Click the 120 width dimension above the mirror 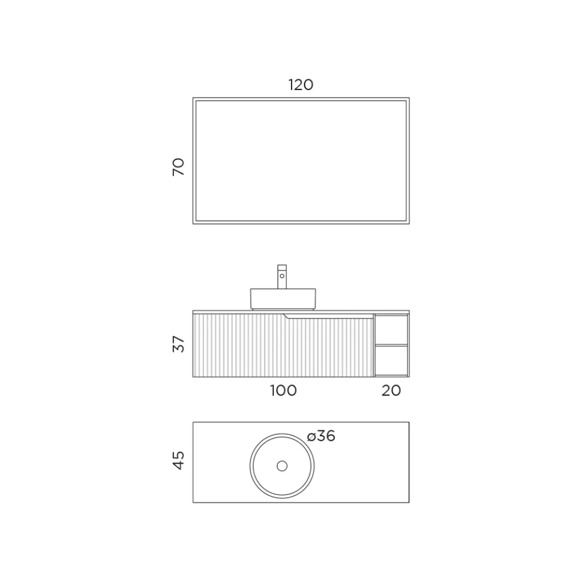click(301, 85)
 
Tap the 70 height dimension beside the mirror click(179, 167)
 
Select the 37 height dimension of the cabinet click(179, 344)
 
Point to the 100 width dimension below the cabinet click(283, 390)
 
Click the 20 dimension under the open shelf click(391, 390)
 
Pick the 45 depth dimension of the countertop click(179, 460)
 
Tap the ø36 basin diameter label click(322, 436)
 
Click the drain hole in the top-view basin click(282, 466)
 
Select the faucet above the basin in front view click(282, 276)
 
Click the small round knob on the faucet click(282, 276)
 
